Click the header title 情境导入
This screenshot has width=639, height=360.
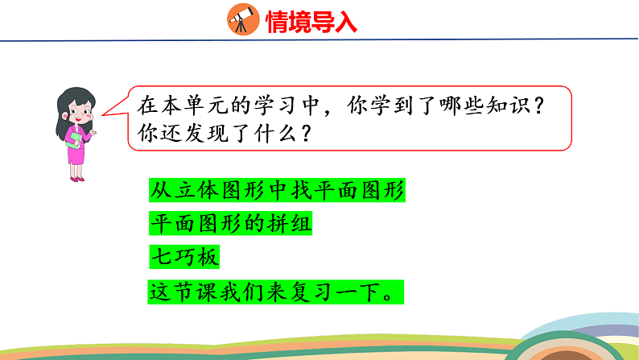pos(311,22)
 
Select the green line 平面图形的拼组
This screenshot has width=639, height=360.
pos(229,223)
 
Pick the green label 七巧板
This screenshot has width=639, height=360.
pos(183,257)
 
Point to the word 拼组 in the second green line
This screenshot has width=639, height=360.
pos(288,223)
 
